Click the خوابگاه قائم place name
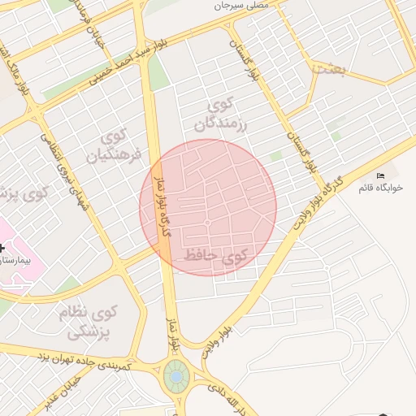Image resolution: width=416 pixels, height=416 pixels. coord(380,188)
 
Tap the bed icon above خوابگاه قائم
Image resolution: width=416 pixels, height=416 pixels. coord(380,175)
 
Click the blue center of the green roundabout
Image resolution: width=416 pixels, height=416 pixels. coord(175,377)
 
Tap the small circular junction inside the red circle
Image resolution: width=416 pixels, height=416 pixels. coord(208,223)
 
